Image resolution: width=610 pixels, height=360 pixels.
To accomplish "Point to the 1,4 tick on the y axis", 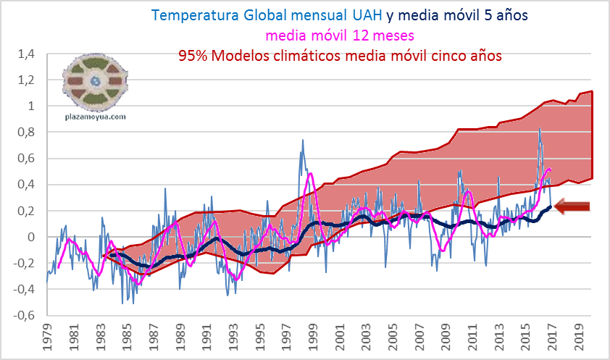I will [x=27, y=54].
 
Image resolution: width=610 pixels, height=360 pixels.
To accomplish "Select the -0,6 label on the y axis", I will [x=25, y=316].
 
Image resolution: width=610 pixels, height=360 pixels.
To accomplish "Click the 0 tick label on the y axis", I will [x=31, y=237].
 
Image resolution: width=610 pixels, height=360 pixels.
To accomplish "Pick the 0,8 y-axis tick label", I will [x=27, y=132].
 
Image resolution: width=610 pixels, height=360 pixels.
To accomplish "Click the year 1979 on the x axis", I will [x=48, y=340].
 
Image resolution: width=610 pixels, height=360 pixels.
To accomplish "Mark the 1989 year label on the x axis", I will [x=178, y=340].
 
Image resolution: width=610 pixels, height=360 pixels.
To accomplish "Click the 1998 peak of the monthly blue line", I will [x=303, y=141].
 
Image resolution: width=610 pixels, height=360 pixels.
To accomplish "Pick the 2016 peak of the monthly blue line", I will [x=539, y=130].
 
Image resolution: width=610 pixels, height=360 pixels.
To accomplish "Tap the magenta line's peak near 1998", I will [x=311, y=174].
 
